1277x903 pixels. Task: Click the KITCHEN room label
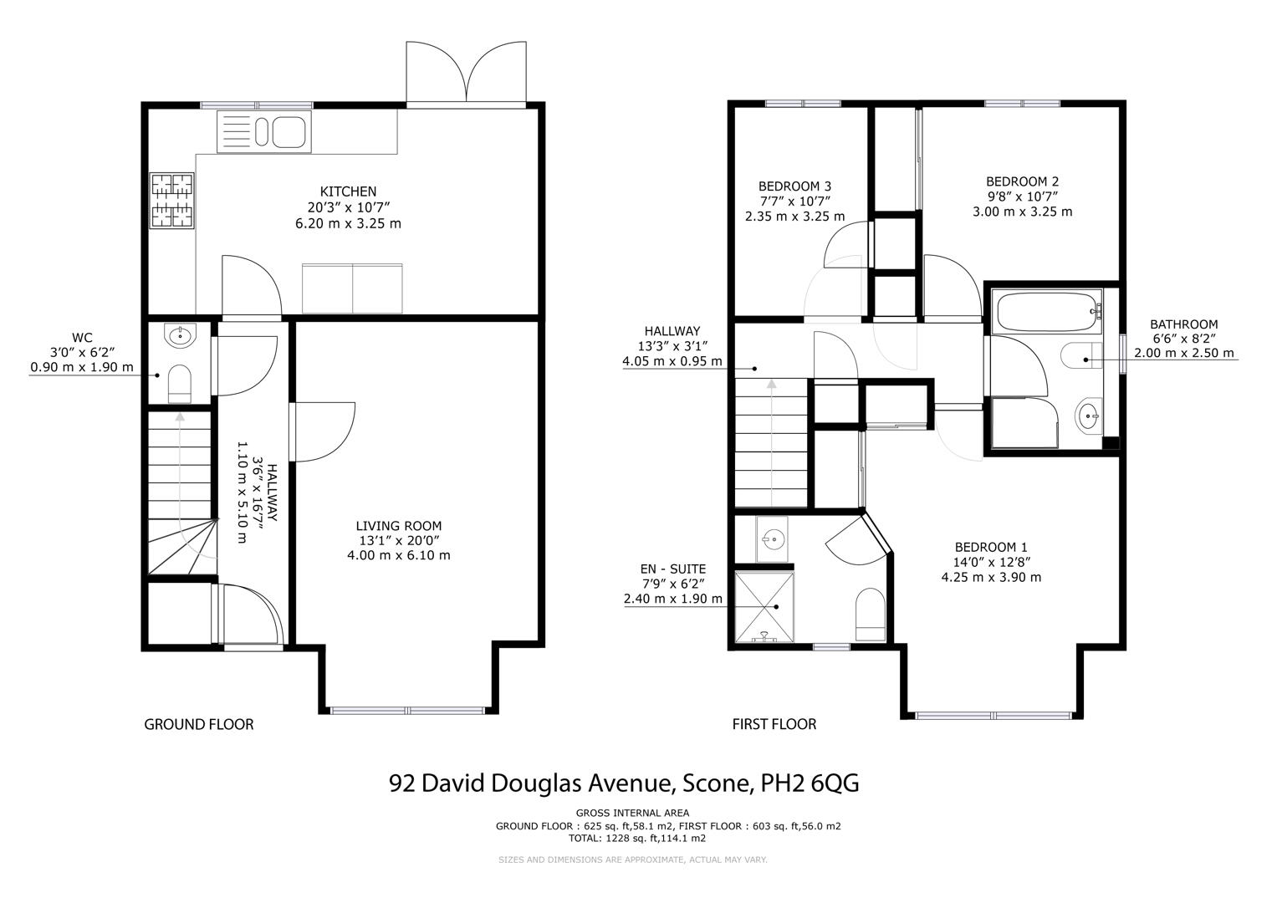point(348,191)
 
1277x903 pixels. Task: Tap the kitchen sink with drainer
point(264,132)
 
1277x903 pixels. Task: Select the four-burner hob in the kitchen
point(172,201)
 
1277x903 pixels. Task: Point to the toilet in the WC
point(180,383)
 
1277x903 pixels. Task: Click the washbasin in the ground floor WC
point(180,335)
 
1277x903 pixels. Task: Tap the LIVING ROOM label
point(399,526)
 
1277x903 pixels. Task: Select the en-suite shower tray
point(764,606)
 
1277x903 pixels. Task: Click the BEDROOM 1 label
point(991,548)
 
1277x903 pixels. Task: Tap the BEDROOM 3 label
point(794,186)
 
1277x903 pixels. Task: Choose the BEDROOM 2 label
point(1022,182)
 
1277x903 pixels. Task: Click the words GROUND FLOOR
point(198,725)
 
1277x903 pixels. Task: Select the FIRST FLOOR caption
point(774,725)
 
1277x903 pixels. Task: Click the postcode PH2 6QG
point(810,784)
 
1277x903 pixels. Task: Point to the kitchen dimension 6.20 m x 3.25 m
point(348,223)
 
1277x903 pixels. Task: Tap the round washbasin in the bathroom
point(1088,416)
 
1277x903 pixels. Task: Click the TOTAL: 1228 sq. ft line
point(636,839)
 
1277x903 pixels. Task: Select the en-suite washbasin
point(773,538)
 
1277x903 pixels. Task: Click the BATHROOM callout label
point(1183,324)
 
